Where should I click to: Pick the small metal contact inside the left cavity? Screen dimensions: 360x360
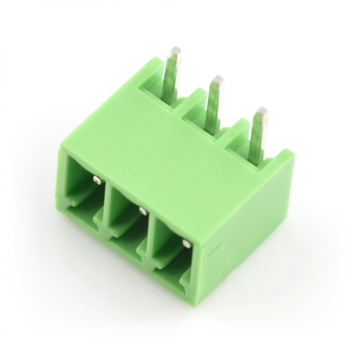click(x=96, y=180)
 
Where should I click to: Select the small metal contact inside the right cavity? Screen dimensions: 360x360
click(x=185, y=243)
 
